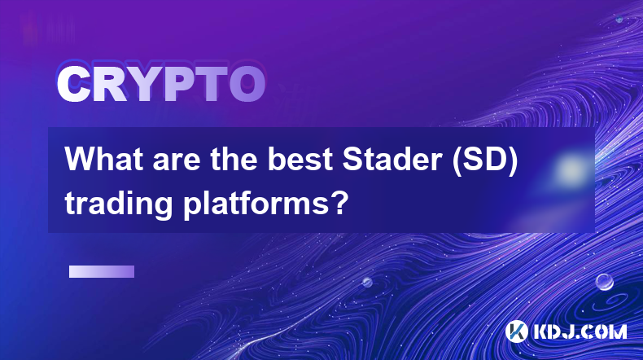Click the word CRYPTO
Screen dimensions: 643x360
coord(161,84)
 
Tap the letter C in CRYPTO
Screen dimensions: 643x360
coord(73,84)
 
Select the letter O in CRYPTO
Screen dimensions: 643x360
coord(247,84)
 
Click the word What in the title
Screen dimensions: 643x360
coord(105,159)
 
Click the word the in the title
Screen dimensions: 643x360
coord(234,160)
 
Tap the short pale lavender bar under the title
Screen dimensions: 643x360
coord(102,272)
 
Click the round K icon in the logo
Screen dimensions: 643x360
coord(517,331)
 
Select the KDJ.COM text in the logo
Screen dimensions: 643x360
coord(580,331)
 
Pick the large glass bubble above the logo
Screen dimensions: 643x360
coord(605,282)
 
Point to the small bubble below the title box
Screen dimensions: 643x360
coord(367,282)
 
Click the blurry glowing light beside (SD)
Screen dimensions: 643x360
coord(570,169)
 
